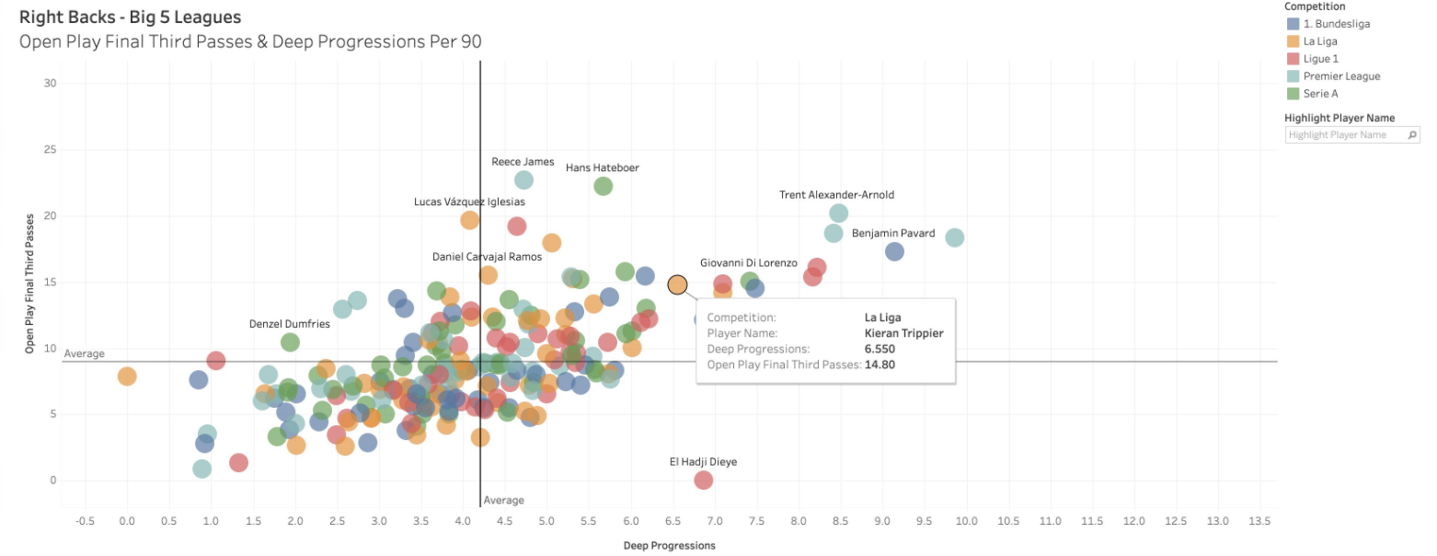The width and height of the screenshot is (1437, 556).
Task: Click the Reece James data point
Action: click(523, 180)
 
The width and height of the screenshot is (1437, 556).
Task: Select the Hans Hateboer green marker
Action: click(604, 186)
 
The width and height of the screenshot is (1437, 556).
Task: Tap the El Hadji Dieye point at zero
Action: click(704, 480)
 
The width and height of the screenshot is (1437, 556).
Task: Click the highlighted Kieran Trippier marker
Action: click(677, 284)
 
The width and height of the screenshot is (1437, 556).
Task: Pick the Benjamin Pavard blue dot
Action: click(894, 251)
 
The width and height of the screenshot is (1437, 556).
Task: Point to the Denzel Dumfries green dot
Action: click(290, 342)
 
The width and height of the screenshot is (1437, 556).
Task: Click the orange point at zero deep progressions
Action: click(127, 376)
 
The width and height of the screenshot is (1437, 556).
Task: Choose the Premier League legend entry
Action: click(1341, 76)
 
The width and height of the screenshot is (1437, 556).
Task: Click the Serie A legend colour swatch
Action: click(1293, 94)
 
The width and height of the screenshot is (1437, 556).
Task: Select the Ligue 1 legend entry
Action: click(1320, 59)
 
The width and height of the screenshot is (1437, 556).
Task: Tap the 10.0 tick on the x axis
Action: click(966, 521)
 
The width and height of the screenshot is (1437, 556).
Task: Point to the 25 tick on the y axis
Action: click(51, 150)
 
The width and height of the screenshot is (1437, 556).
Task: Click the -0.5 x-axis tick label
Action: click(85, 521)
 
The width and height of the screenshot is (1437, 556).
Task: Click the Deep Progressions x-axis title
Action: click(669, 545)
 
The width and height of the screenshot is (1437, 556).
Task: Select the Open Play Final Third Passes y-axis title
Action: click(29, 284)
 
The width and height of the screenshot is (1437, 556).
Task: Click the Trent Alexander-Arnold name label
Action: click(836, 195)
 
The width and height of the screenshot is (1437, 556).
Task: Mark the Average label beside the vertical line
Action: click(503, 500)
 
